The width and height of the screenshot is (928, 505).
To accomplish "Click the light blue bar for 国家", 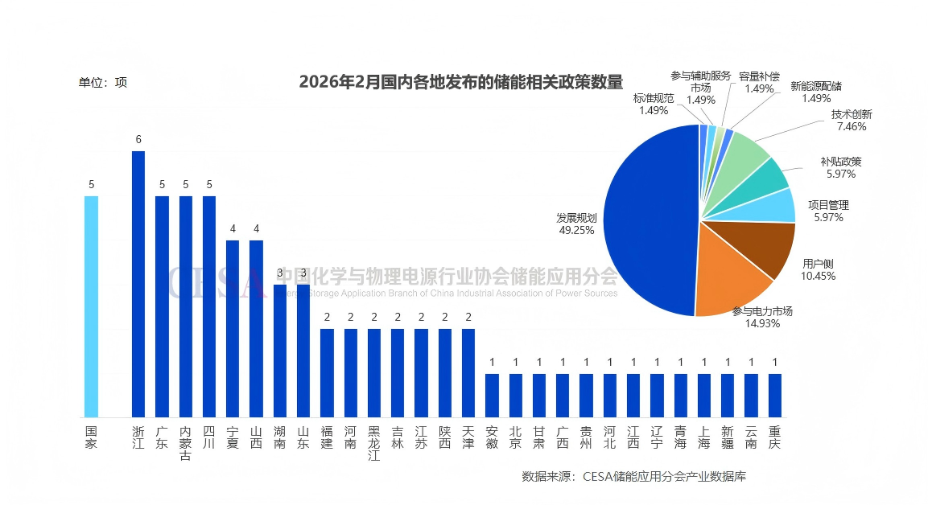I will click(91, 306).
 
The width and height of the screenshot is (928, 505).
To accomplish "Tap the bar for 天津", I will click(468, 373).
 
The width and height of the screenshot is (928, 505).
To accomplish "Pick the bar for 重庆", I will click(774, 396).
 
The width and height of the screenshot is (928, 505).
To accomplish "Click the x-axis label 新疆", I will click(728, 438).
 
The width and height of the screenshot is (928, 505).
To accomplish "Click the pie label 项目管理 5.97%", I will click(828, 211).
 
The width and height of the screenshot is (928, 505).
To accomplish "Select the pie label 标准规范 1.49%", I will click(654, 104).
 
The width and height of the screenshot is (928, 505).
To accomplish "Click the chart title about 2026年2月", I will click(461, 82).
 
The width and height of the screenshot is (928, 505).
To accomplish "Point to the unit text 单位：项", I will click(102, 82).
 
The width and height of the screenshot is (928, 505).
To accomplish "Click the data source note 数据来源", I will click(633, 476).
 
